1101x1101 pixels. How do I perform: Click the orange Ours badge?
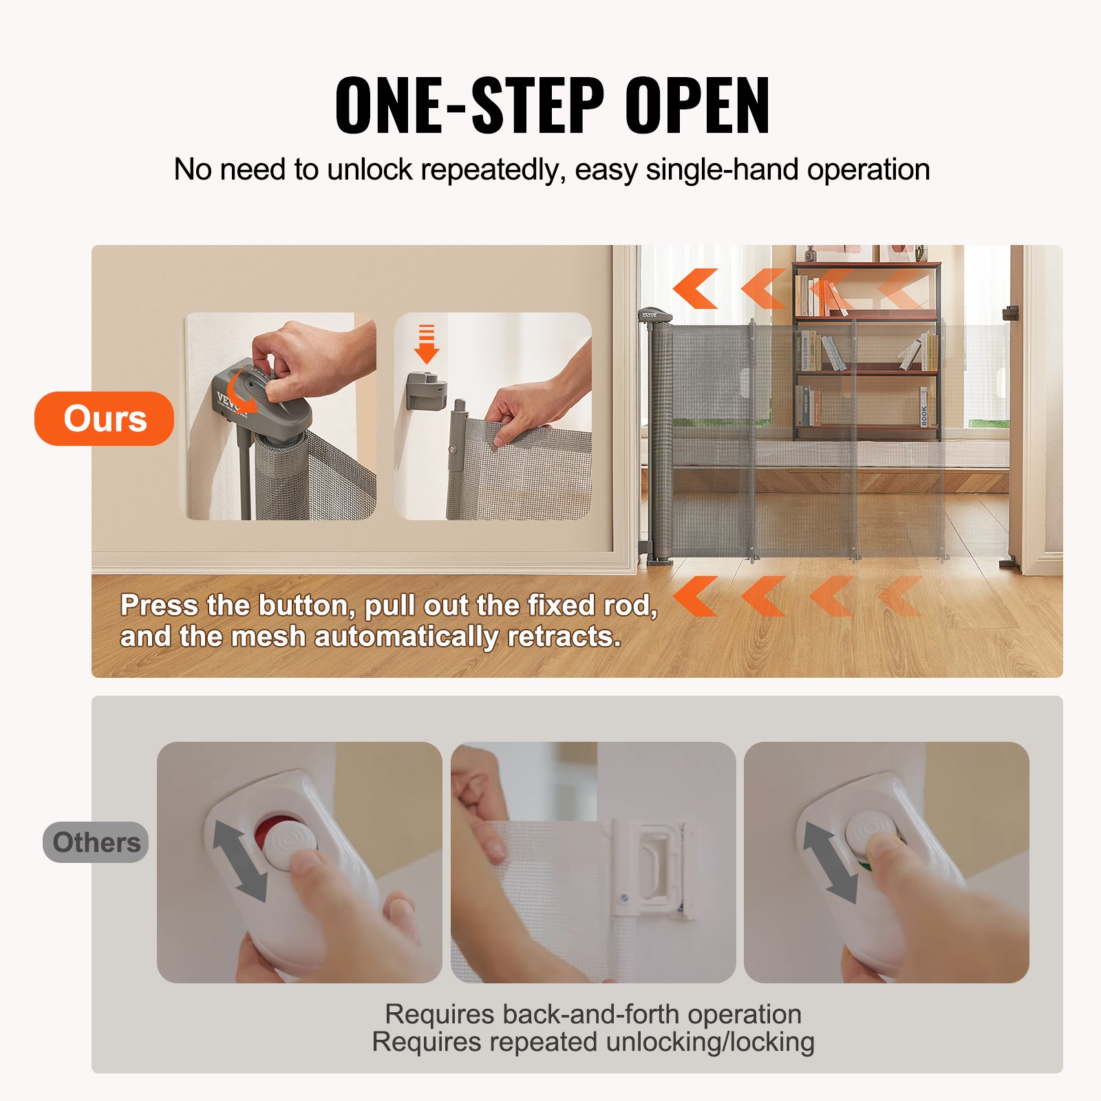(x=105, y=418)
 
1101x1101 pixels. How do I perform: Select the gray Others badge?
(x=96, y=842)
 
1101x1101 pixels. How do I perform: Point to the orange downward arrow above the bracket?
(x=427, y=344)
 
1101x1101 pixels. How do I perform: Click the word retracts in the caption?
(x=564, y=637)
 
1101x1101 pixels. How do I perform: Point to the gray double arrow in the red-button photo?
(x=239, y=860)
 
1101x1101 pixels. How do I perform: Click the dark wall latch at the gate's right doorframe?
(x=1010, y=313)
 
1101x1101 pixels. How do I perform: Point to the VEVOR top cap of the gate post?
(x=655, y=316)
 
